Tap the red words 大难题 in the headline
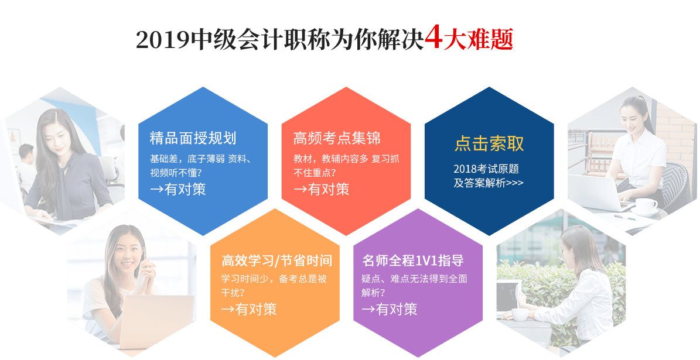point(478,39)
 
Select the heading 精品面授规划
point(193,138)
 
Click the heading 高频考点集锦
point(337,138)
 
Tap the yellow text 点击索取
point(489,143)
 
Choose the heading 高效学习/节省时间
point(277,260)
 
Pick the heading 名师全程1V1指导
point(413,260)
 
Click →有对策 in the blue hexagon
point(178,190)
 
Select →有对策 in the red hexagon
point(322,190)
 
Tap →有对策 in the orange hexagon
point(249,309)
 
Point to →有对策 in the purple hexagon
point(390,309)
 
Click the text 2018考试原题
point(486,169)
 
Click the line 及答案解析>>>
point(489,183)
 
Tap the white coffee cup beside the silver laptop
point(646,206)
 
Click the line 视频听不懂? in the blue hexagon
point(176,173)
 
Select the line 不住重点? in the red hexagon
point(315,173)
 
